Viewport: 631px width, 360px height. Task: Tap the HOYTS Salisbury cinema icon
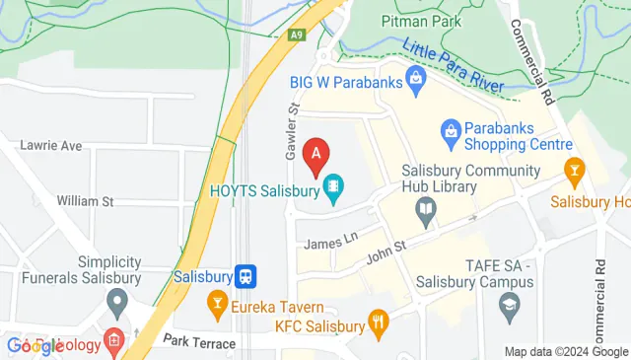[x=333, y=184]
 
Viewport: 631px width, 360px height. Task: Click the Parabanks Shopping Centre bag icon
[x=450, y=129]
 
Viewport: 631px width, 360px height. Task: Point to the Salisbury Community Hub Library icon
[x=425, y=207]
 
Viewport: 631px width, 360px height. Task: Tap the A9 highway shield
[x=295, y=35]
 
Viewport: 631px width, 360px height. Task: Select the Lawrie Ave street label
[x=51, y=146]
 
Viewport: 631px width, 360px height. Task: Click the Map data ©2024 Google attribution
[x=566, y=351]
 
